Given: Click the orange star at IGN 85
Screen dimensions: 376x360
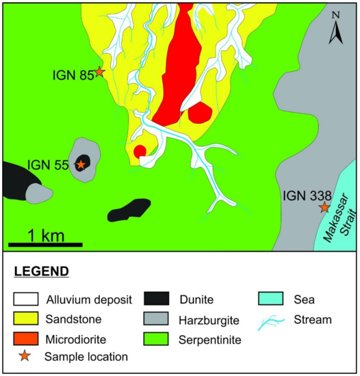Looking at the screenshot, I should point(100,71).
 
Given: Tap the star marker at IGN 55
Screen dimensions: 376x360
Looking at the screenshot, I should point(81,164).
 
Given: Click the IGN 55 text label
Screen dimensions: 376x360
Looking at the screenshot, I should point(47,165).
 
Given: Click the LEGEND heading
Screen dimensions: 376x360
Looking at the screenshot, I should point(42,271).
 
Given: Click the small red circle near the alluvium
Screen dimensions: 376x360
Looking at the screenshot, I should point(140,150).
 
